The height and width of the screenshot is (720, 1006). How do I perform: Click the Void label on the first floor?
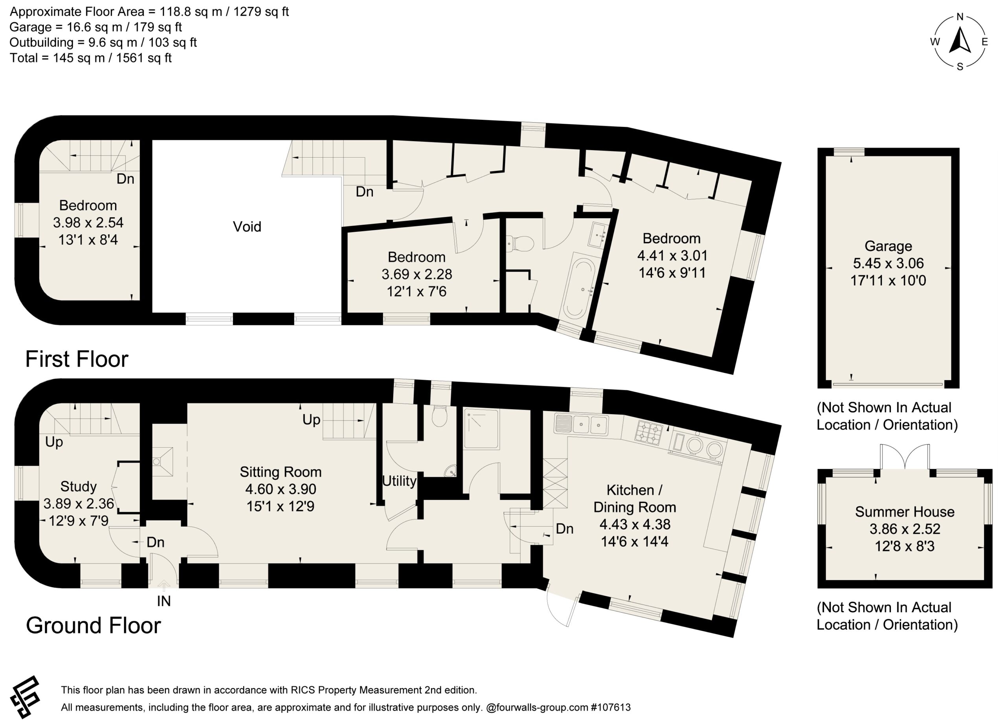(247, 227)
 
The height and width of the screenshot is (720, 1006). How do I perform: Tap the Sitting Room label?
(281, 472)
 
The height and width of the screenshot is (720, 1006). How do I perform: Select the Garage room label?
(888, 246)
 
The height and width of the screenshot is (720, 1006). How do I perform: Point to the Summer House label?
(905, 512)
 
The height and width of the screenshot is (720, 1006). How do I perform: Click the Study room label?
(79, 487)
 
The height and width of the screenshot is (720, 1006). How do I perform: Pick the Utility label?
(399, 481)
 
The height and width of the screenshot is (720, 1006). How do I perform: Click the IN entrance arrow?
(163, 586)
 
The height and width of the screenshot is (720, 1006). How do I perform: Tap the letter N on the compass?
(960, 17)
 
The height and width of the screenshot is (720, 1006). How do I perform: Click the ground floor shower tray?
(481, 429)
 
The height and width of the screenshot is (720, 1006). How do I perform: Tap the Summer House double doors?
(904, 457)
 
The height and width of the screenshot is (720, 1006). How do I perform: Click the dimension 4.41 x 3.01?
(672, 256)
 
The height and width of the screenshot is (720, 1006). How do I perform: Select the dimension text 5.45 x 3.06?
(888, 263)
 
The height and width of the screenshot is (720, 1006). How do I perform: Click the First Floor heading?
(77, 359)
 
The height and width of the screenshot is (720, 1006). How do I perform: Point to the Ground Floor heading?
(93, 626)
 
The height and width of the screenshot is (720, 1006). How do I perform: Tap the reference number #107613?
(611, 707)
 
